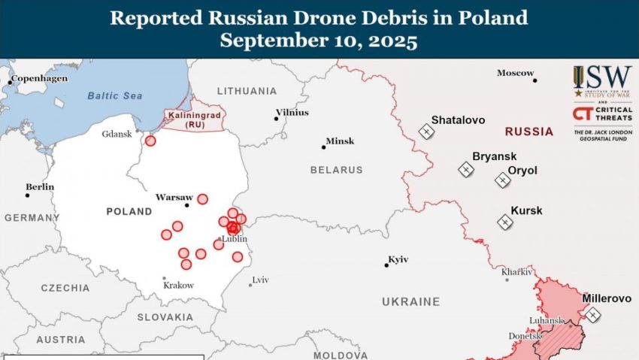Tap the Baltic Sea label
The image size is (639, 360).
tap(114, 95)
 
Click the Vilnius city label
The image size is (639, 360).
tap(292, 112)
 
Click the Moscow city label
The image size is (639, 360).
tap(515, 73)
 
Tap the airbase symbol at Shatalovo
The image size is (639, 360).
tap(427, 132)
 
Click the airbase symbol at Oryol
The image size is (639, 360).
tap(502, 180)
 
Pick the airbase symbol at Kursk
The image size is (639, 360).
tap(504, 222)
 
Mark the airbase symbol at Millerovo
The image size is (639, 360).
tap(593, 315)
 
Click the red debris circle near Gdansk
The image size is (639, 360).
tap(150, 141)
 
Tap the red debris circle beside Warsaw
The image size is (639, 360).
tap(202, 199)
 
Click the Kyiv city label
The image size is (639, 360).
tap(398, 259)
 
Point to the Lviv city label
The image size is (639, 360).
tap(261, 280)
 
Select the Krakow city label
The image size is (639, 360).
tap(179, 286)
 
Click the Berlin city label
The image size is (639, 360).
tap(40, 186)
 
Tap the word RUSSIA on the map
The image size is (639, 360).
tap(528, 132)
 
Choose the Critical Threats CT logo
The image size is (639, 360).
tap(583, 113)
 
